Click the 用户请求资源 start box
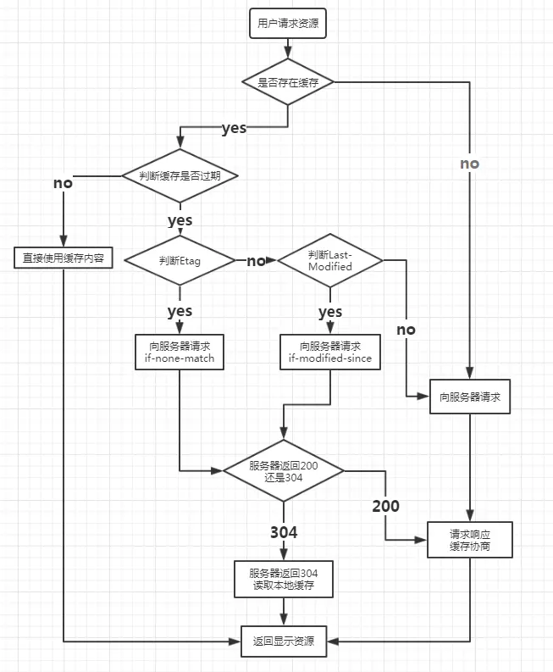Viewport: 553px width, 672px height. point(288,24)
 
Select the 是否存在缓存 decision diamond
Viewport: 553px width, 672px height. point(288,82)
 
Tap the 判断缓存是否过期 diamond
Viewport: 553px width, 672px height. point(179,176)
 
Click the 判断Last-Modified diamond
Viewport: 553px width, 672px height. point(330,261)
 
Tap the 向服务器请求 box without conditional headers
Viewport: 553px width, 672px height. point(470,396)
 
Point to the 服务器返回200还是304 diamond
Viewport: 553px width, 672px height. point(283,472)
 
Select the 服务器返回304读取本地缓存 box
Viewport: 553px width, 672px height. point(283,578)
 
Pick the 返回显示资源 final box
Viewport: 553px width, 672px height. point(283,641)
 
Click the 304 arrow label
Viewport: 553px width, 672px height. point(284,532)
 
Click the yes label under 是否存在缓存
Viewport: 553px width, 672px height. point(234,129)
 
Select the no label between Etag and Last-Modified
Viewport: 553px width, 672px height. point(256,261)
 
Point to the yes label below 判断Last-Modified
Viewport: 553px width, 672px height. point(330,312)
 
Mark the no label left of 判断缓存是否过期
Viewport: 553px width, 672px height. point(63,183)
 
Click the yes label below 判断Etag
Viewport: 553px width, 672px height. point(180,311)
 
